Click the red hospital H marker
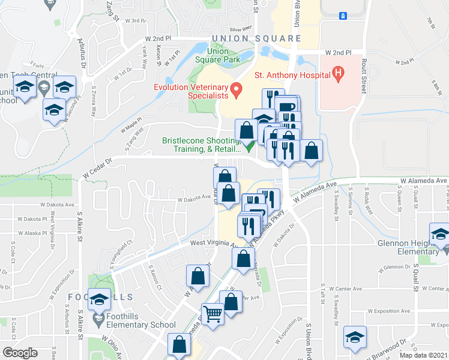pyautogui.click(x=338, y=74)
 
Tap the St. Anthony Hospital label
pyautogui.click(x=292, y=75)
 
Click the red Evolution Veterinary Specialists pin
pyautogui.click(x=237, y=91)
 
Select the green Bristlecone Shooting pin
pyautogui.click(x=250, y=145)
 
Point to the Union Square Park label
pyautogui.click(x=217, y=55)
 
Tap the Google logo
pyautogui.click(x=20, y=352)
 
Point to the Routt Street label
pyautogui.click(x=363, y=74)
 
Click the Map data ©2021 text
pyautogui.click(x=424, y=355)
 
